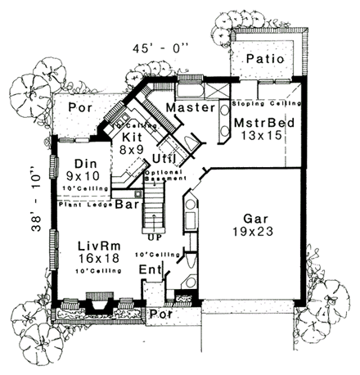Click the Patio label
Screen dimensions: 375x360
pyautogui.click(x=263, y=60)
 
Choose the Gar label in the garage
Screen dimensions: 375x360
pyautogui.click(x=254, y=219)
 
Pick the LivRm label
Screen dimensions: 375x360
pyautogui.click(x=96, y=246)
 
